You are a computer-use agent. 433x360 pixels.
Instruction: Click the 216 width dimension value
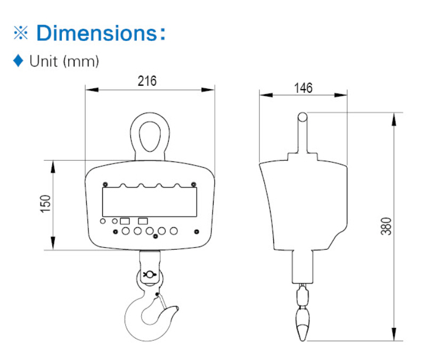coord(147,81)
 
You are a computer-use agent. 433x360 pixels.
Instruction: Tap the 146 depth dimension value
coord(303,88)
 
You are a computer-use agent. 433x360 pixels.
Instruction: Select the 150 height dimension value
coord(46,204)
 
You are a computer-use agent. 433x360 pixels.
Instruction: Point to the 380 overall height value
coord(386,226)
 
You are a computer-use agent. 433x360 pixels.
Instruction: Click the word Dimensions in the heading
coord(96,33)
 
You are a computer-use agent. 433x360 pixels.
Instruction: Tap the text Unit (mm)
coord(64,61)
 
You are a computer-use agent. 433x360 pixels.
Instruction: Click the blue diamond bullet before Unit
coord(18,61)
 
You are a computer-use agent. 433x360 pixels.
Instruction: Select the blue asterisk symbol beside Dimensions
coord(21,33)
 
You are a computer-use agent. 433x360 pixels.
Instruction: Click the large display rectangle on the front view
coord(150,202)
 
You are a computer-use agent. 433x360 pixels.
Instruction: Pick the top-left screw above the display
coord(105,184)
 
